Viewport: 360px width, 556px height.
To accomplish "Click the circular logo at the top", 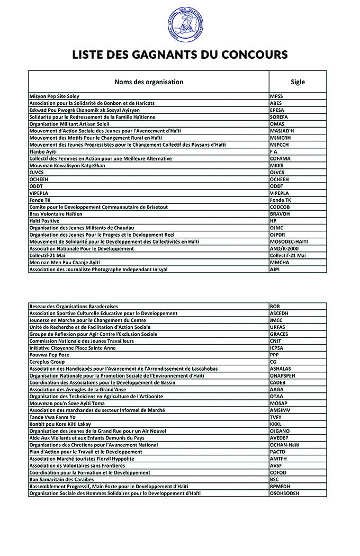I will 186,25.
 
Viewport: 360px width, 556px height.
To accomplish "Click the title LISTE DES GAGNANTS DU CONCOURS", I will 180,55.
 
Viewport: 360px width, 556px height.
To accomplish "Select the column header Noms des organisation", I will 149,82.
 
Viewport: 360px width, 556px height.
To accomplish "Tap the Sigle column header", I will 298,82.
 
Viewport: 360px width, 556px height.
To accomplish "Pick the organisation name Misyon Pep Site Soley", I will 55,96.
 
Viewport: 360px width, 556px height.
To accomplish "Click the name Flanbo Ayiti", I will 43,151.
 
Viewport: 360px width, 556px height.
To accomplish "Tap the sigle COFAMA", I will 280,158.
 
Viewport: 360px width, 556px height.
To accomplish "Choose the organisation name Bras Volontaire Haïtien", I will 56,214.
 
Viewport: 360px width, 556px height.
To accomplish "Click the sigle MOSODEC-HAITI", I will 289,241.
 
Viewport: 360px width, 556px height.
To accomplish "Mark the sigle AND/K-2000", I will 284,248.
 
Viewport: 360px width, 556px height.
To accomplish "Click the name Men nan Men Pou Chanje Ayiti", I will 65,262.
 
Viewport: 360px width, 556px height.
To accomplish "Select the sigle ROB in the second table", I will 275,307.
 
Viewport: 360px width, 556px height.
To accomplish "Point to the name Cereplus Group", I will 48,362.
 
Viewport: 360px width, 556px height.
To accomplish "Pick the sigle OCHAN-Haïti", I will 284,445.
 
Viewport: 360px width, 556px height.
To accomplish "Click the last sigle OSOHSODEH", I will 284,493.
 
